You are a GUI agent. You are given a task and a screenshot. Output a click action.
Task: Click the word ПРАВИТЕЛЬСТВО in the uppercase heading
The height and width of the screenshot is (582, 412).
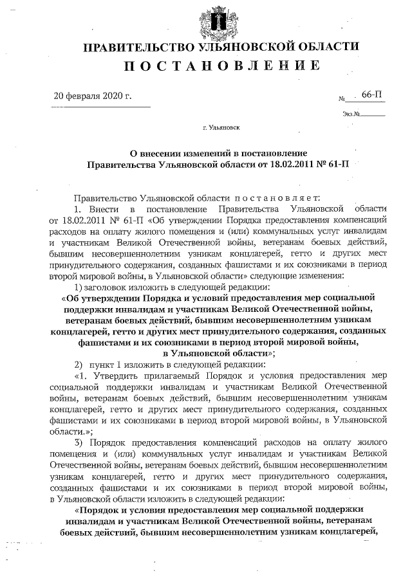click(135, 47)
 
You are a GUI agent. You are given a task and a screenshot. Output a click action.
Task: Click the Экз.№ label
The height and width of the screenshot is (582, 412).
click(351, 114)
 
